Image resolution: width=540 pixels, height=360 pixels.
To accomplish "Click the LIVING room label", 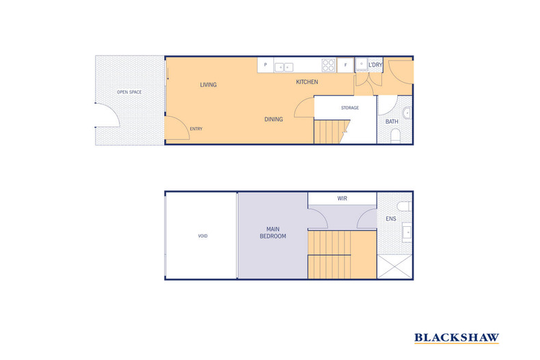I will (208, 85).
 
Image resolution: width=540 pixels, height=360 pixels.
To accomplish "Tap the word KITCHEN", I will (306, 82).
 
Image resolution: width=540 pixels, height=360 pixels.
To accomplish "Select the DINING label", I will (273, 120).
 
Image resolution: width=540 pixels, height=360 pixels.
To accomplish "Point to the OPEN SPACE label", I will (129, 92).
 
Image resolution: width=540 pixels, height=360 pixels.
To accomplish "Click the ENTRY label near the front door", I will (196, 129).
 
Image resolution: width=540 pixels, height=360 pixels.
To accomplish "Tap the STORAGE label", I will (349, 108).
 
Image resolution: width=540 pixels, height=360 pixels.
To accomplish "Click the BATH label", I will (392, 122).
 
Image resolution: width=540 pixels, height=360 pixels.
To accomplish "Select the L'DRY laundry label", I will (375, 66).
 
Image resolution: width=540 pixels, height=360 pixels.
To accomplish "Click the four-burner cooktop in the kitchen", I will (329, 66).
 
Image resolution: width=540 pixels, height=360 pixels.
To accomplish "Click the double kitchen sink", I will (284, 67).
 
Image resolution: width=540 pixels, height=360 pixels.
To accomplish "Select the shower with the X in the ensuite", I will (395, 266).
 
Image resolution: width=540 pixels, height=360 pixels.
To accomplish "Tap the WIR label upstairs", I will (342, 199).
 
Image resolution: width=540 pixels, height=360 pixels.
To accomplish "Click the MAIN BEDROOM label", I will (273, 232).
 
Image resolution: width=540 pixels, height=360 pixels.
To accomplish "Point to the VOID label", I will (202, 236).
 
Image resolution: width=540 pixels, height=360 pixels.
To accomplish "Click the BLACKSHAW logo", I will (457, 338).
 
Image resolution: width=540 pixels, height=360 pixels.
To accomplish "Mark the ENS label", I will (390, 219).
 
